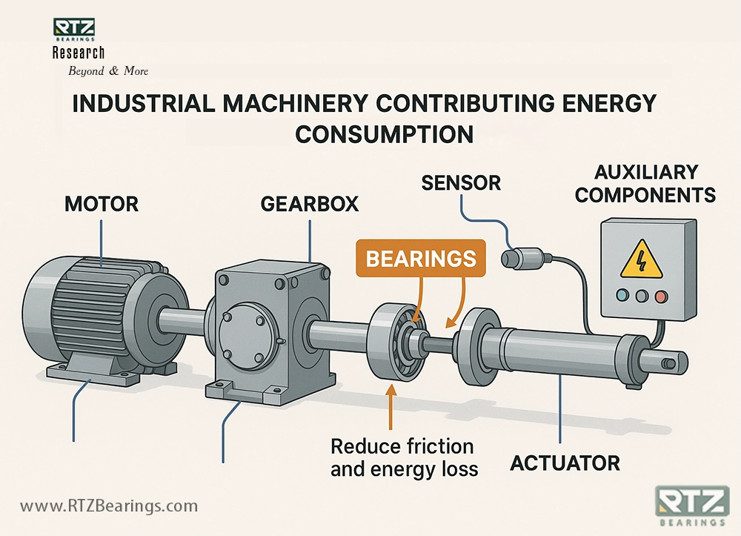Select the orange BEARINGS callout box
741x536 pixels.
pyautogui.click(x=420, y=258)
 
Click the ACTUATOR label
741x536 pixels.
pyautogui.click(x=565, y=464)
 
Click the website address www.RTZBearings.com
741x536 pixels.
pyautogui.click(x=109, y=506)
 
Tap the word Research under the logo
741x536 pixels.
pyautogui.click(x=79, y=53)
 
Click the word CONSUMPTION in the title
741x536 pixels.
pyautogui.click(x=385, y=134)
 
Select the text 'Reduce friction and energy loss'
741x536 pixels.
pyautogui.click(x=402, y=457)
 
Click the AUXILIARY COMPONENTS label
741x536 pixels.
pyautogui.click(x=645, y=184)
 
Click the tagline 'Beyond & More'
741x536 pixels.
pyautogui.click(x=108, y=71)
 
